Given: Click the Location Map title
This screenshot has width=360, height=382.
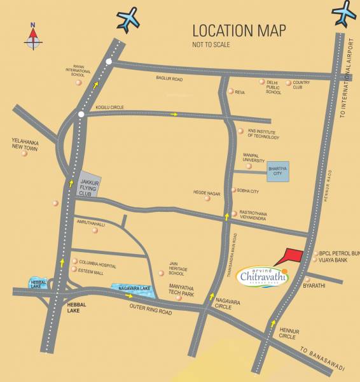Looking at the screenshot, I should pos(239,31).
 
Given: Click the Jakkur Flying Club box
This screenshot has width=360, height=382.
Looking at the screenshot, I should pos(90,183).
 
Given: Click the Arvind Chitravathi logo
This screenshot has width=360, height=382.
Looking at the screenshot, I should pos(262,276).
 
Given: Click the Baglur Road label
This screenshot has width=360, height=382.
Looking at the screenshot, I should pos(169,78).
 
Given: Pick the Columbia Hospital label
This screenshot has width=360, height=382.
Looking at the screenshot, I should pos(99,262).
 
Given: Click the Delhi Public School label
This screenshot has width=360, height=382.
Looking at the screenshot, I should pos(273,87).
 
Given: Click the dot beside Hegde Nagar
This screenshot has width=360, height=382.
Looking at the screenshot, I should pos(207,199).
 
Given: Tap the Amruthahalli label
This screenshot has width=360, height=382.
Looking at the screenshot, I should pos(90,223).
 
